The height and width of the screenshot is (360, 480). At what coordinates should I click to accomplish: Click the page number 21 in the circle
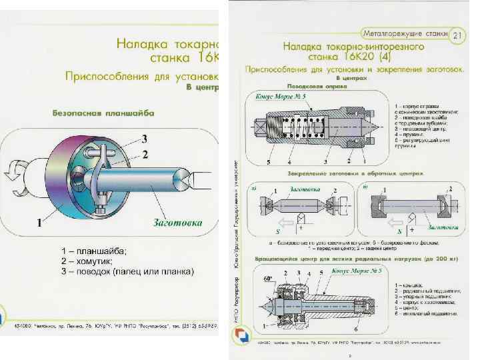pos(457,35)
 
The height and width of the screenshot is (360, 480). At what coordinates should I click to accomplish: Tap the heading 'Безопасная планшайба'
pos(103,113)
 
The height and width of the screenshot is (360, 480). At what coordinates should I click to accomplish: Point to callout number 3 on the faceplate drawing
pos(143,139)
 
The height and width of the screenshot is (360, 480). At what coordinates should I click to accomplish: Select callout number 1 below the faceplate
pos(41,223)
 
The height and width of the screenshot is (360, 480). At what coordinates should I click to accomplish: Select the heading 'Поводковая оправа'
pos(313,87)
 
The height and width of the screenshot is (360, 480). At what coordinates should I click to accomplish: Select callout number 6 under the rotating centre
pos(374,329)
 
